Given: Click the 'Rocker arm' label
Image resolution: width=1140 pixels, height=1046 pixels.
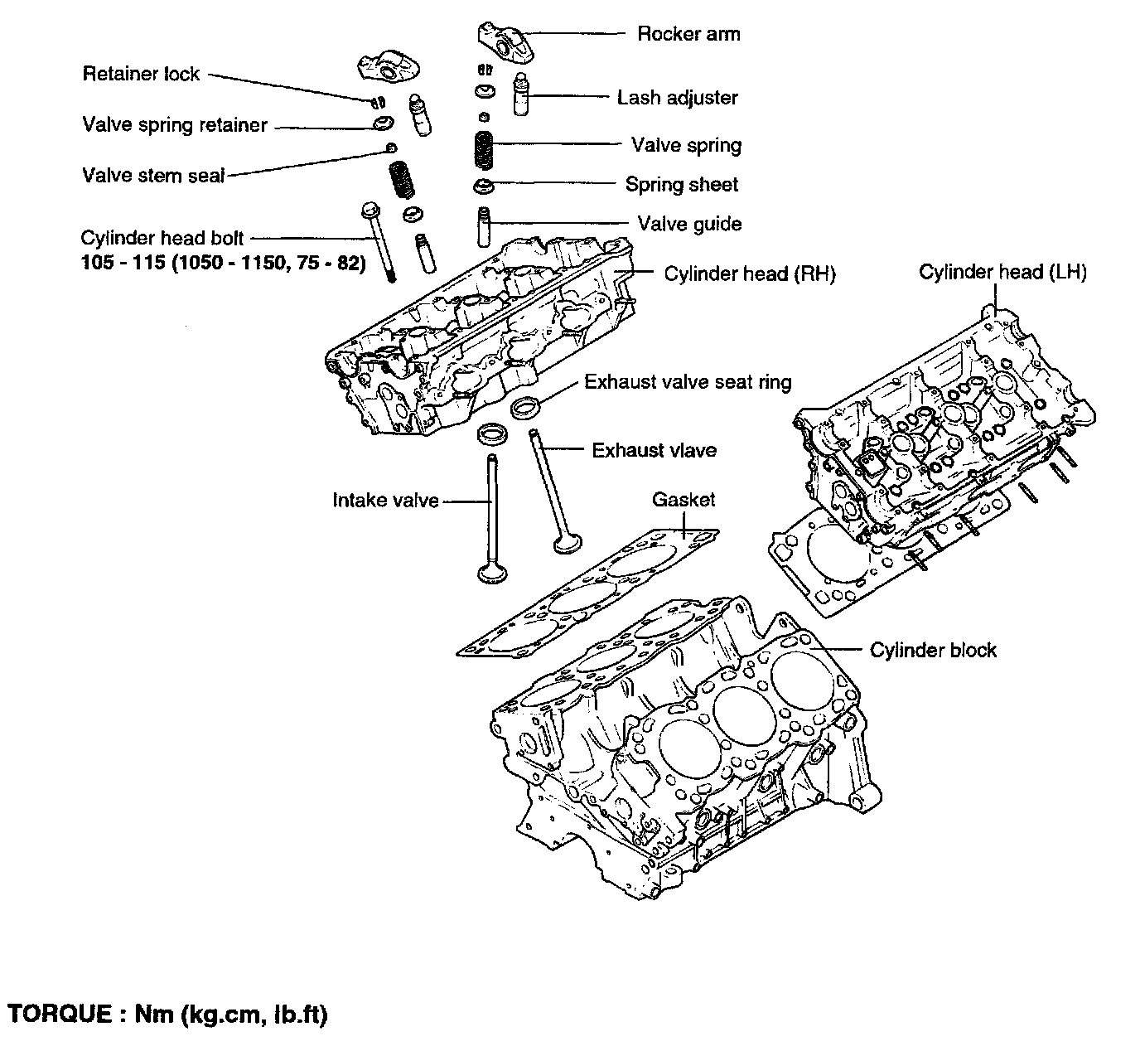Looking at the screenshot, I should pos(688,34).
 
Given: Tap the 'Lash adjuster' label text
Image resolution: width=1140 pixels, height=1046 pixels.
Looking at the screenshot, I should pos(677,98).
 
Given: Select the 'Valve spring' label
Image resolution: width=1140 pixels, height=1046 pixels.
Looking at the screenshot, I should pos(686,145).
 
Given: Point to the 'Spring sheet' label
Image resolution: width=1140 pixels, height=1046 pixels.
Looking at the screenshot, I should pos(681,185).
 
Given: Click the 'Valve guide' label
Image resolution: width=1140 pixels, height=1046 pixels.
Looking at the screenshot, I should pos(689,224).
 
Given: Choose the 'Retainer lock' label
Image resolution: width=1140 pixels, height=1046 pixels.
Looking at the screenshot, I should pos(141,74).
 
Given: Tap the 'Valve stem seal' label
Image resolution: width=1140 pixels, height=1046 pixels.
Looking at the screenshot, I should pos(153,175).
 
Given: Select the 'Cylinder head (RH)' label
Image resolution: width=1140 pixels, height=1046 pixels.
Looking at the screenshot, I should pos(750,274).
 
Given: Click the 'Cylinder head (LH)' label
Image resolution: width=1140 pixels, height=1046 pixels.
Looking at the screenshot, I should pos(1002,272).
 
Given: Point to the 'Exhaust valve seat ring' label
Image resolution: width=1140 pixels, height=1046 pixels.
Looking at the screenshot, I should pos(688,382).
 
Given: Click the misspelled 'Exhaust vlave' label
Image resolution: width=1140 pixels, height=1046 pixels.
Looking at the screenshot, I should pos(654,450).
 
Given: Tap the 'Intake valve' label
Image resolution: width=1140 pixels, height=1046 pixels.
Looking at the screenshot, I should pos(385,500).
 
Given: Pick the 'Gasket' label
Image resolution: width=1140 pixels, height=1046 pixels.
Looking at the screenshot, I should pos(683,500).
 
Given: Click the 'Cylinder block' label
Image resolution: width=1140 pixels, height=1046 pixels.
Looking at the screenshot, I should pos(933,650).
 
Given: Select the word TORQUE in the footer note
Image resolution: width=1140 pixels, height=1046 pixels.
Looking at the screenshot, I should pos(59,1014).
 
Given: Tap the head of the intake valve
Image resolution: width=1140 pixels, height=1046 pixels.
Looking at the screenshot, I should pos(485,573).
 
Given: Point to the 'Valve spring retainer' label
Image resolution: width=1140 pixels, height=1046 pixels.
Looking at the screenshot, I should pos(175,125).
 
